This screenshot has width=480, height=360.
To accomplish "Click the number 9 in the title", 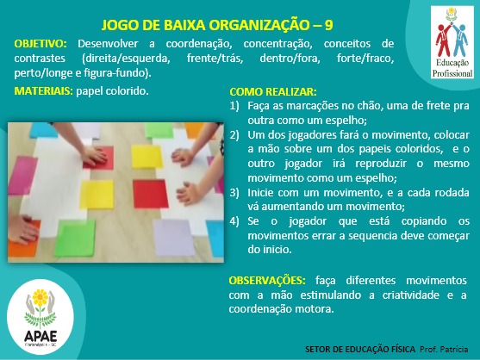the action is pos(328,25).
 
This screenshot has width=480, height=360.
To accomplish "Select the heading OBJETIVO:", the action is pos(41,44).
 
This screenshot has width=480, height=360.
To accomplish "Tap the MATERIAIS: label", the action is pos(43,90).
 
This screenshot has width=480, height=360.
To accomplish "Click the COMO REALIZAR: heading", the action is pos(273,92).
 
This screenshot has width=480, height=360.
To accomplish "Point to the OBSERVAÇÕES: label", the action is pos(267,280).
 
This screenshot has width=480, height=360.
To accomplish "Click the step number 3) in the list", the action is pos(234,193).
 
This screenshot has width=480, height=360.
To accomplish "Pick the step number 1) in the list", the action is pos(234,106).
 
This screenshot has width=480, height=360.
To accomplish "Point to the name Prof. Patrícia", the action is pos(444,349).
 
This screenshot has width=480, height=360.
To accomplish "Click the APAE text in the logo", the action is pos(41,336).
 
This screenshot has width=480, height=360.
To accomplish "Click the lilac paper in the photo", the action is pos(174,238).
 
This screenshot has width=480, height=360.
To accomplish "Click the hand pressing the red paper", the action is pos(93,154).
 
